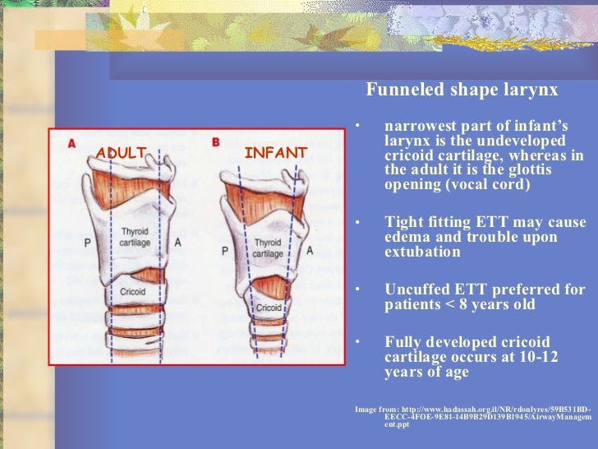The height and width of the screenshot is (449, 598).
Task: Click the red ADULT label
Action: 121,152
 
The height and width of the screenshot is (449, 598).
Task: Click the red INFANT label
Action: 275,153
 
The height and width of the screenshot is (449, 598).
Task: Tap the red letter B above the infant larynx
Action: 215,142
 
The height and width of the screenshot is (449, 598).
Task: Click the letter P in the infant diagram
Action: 223,250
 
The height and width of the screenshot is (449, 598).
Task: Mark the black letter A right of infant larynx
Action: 309,250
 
